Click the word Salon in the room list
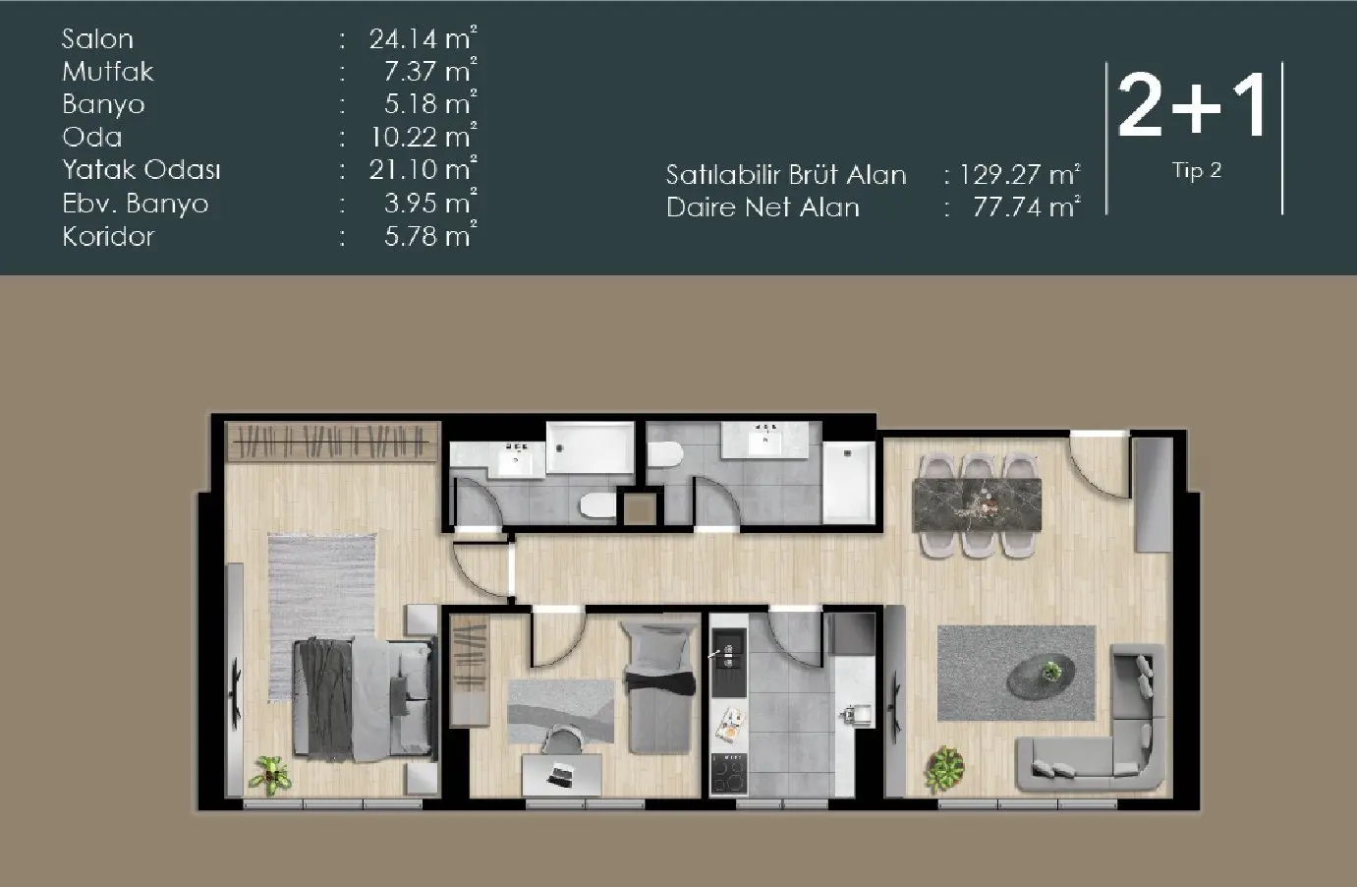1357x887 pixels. click(97, 39)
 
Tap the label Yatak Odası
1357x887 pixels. click(141, 170)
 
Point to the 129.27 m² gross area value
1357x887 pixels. click(1019, 175)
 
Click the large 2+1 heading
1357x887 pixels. click(1193, 106)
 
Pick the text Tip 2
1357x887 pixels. click(1196, 170)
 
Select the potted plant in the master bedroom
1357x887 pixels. click(269, 774)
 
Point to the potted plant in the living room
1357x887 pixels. click(944, 766)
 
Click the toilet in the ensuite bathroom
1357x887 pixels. click(597, 505)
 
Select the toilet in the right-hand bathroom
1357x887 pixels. click(666, 455)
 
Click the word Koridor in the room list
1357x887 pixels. click(108, 237)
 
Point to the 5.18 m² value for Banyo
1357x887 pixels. click(430, 104)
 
